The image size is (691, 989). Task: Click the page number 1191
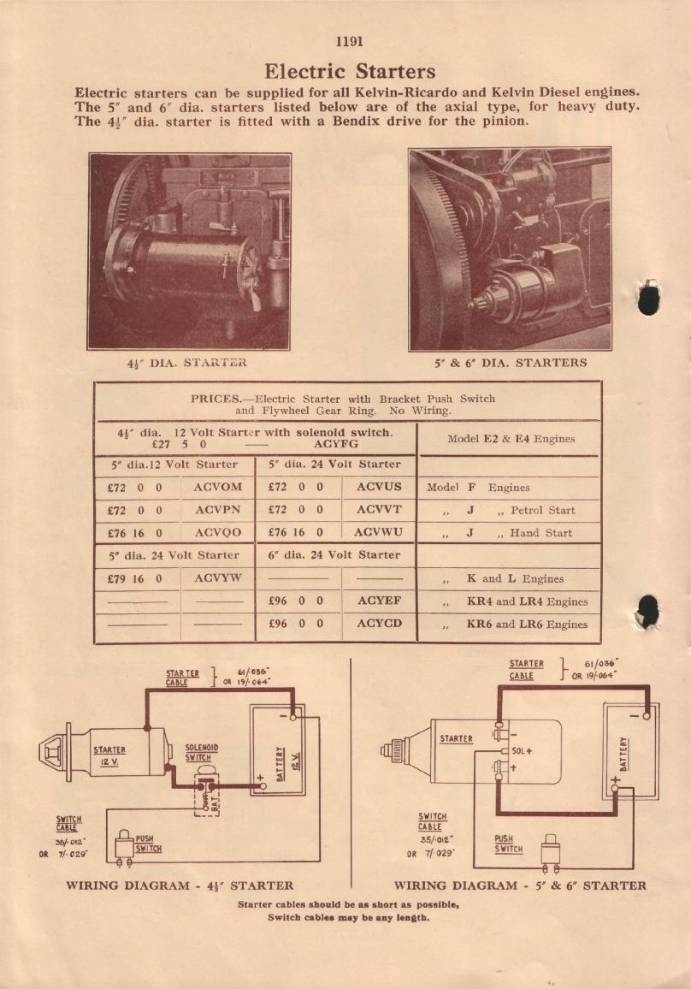[x=350, y=41]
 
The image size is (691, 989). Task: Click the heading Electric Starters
[x=350, y=71]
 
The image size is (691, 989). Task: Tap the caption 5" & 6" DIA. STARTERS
[x=511, y=363]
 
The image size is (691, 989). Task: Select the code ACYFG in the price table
[x=336, y=445]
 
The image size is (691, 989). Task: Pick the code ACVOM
[x=218, y=487]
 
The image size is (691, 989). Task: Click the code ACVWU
[x=377, y=532]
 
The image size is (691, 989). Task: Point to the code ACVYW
[x=218, y=578]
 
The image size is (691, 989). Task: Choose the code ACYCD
[x=379, y=624]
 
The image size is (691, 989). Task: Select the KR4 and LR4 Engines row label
[x=527, y=601]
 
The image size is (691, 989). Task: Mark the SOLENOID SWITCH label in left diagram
[x=202, y=753]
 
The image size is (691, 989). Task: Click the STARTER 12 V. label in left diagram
[x=109, y=755]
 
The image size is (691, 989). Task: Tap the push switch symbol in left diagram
[x=124, y=844]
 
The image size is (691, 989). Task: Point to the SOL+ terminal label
[x=522, y=751]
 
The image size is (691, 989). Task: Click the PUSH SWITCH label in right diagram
[x=508, y=844]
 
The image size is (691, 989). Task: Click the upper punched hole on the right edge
[x=649, y=297]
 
